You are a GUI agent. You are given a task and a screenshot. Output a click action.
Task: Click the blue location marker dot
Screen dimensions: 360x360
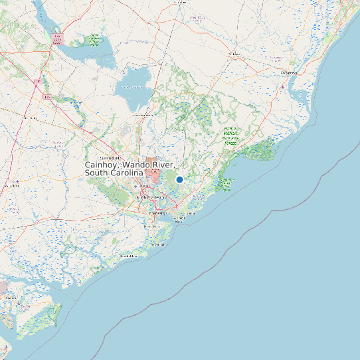pos(179,179)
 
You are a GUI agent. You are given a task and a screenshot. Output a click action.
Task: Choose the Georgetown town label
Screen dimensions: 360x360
pos(289,72)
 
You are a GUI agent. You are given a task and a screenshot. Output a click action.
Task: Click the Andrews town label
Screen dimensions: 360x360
pos(234,54)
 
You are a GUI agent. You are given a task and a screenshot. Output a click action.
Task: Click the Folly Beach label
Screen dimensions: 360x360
pos(157,244)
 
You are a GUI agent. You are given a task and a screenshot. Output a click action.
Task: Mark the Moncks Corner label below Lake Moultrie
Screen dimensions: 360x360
pos(143,115)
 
